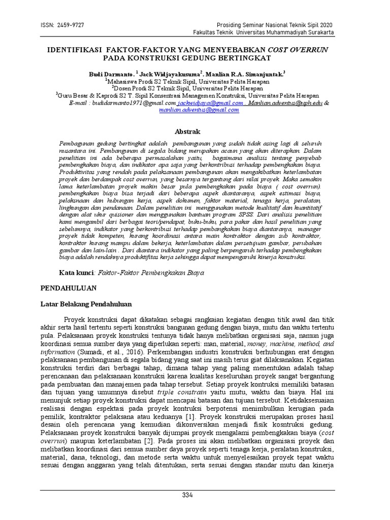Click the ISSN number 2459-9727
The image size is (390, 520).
[67, 25]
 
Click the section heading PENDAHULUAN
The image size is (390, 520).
[69, 288]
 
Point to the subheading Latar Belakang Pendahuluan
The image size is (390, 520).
[86, 305]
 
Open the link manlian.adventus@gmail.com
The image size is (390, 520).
[199, 110]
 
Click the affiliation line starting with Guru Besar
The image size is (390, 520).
[188, 95]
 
